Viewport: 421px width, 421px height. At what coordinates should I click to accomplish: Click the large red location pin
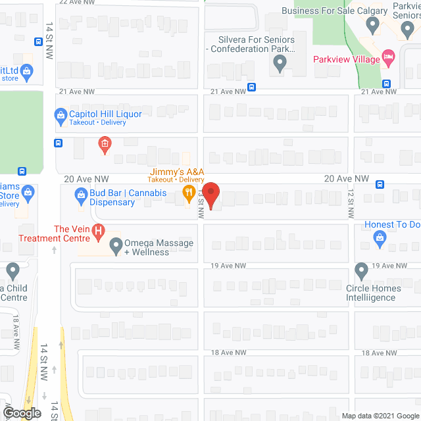point(210,193)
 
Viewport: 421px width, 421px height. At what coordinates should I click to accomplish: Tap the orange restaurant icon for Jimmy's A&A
point(187,194)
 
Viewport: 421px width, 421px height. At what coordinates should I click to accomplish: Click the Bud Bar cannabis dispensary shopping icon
point(80,194)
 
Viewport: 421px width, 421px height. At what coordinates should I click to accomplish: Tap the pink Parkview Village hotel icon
point(388,57)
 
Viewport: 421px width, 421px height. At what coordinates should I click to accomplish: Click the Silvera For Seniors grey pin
point(280,63)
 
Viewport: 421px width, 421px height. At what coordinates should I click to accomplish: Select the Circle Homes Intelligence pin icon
point(361,270)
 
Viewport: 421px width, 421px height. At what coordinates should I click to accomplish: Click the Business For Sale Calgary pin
point(372,26)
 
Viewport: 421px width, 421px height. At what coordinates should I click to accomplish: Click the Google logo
point(22,412)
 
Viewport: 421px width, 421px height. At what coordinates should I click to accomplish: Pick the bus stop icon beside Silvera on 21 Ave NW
point(252,87)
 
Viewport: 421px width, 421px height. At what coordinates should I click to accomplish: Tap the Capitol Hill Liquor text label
point(106,114)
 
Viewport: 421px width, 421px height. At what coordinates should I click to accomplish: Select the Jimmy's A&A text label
point(176,172)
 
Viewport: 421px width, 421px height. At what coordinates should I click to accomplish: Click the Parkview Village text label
point(347,59)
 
